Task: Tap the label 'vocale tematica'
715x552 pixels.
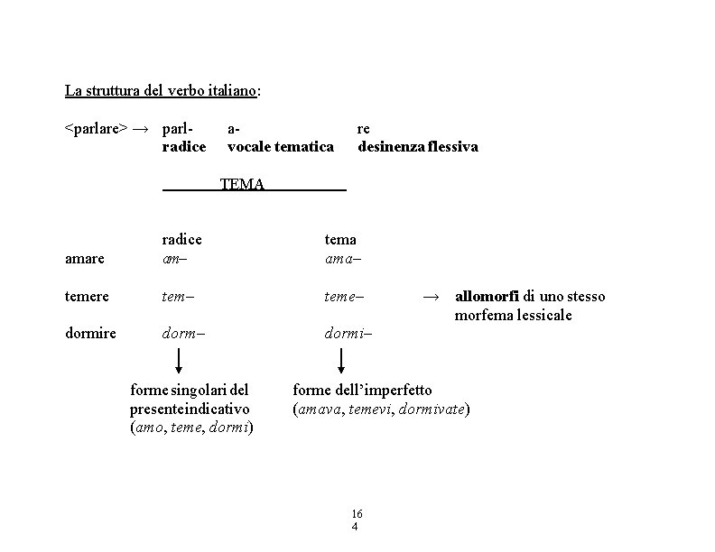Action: coord(281,146)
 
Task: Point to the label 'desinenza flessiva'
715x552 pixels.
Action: coord(418,146)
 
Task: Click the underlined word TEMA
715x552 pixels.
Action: coord(242,185)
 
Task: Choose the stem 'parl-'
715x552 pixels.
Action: coord(179,129)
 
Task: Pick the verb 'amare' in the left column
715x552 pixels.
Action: coord(84,259)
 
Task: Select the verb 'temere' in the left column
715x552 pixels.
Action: coord(88,296)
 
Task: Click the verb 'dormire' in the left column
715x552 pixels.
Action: coord(90,333)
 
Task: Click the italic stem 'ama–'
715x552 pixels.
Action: coord(340,259)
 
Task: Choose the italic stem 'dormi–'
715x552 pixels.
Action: coord(348,333)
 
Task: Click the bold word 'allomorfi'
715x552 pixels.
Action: coord(487,296)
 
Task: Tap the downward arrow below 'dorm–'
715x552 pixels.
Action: coord(179,360)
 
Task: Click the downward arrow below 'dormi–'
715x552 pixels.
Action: coord(342,360)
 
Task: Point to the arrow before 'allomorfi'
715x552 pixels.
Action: coord(432,296)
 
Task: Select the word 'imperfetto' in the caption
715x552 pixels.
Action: coord(397,390)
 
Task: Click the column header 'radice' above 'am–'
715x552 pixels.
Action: coord(181,239)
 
